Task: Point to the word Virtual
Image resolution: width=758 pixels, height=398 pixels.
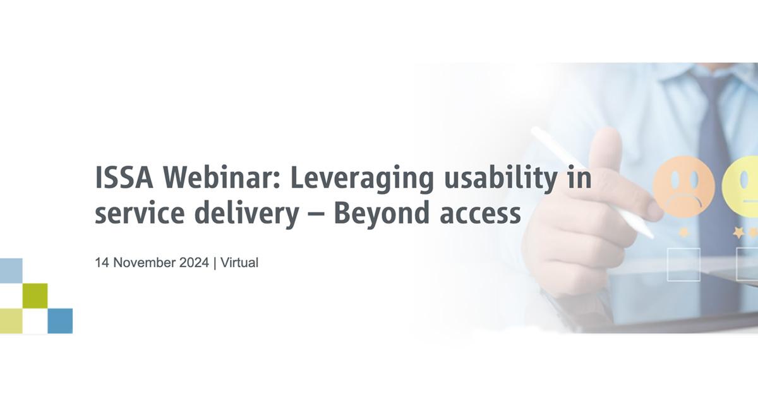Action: coord(239,263)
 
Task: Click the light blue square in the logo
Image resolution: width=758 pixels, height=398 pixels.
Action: coord(11,270)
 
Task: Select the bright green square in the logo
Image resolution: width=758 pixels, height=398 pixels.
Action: coord(35,296)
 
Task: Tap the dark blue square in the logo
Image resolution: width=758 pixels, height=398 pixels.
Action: coord(60,320)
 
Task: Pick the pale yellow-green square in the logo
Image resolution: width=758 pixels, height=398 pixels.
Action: coord(11,320)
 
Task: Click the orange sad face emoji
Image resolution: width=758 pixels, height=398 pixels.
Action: coord(684,187)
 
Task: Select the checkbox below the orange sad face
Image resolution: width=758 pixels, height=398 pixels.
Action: coord(683,264)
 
